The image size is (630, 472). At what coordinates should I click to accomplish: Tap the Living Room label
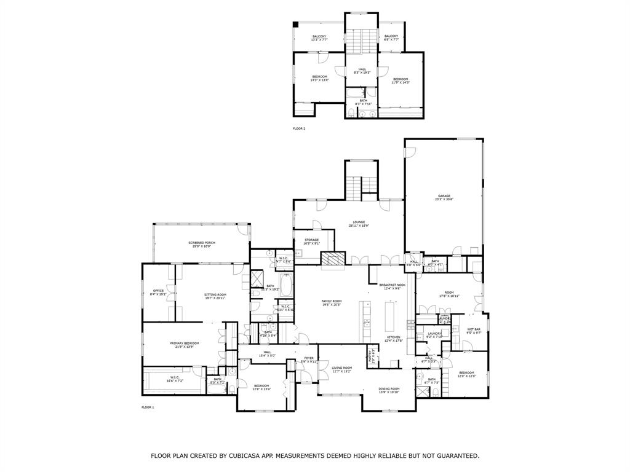341,369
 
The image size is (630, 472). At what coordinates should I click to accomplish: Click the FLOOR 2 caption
299,128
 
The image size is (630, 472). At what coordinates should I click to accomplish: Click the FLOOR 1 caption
148,407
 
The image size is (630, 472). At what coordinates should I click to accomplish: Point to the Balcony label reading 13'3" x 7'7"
319,38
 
